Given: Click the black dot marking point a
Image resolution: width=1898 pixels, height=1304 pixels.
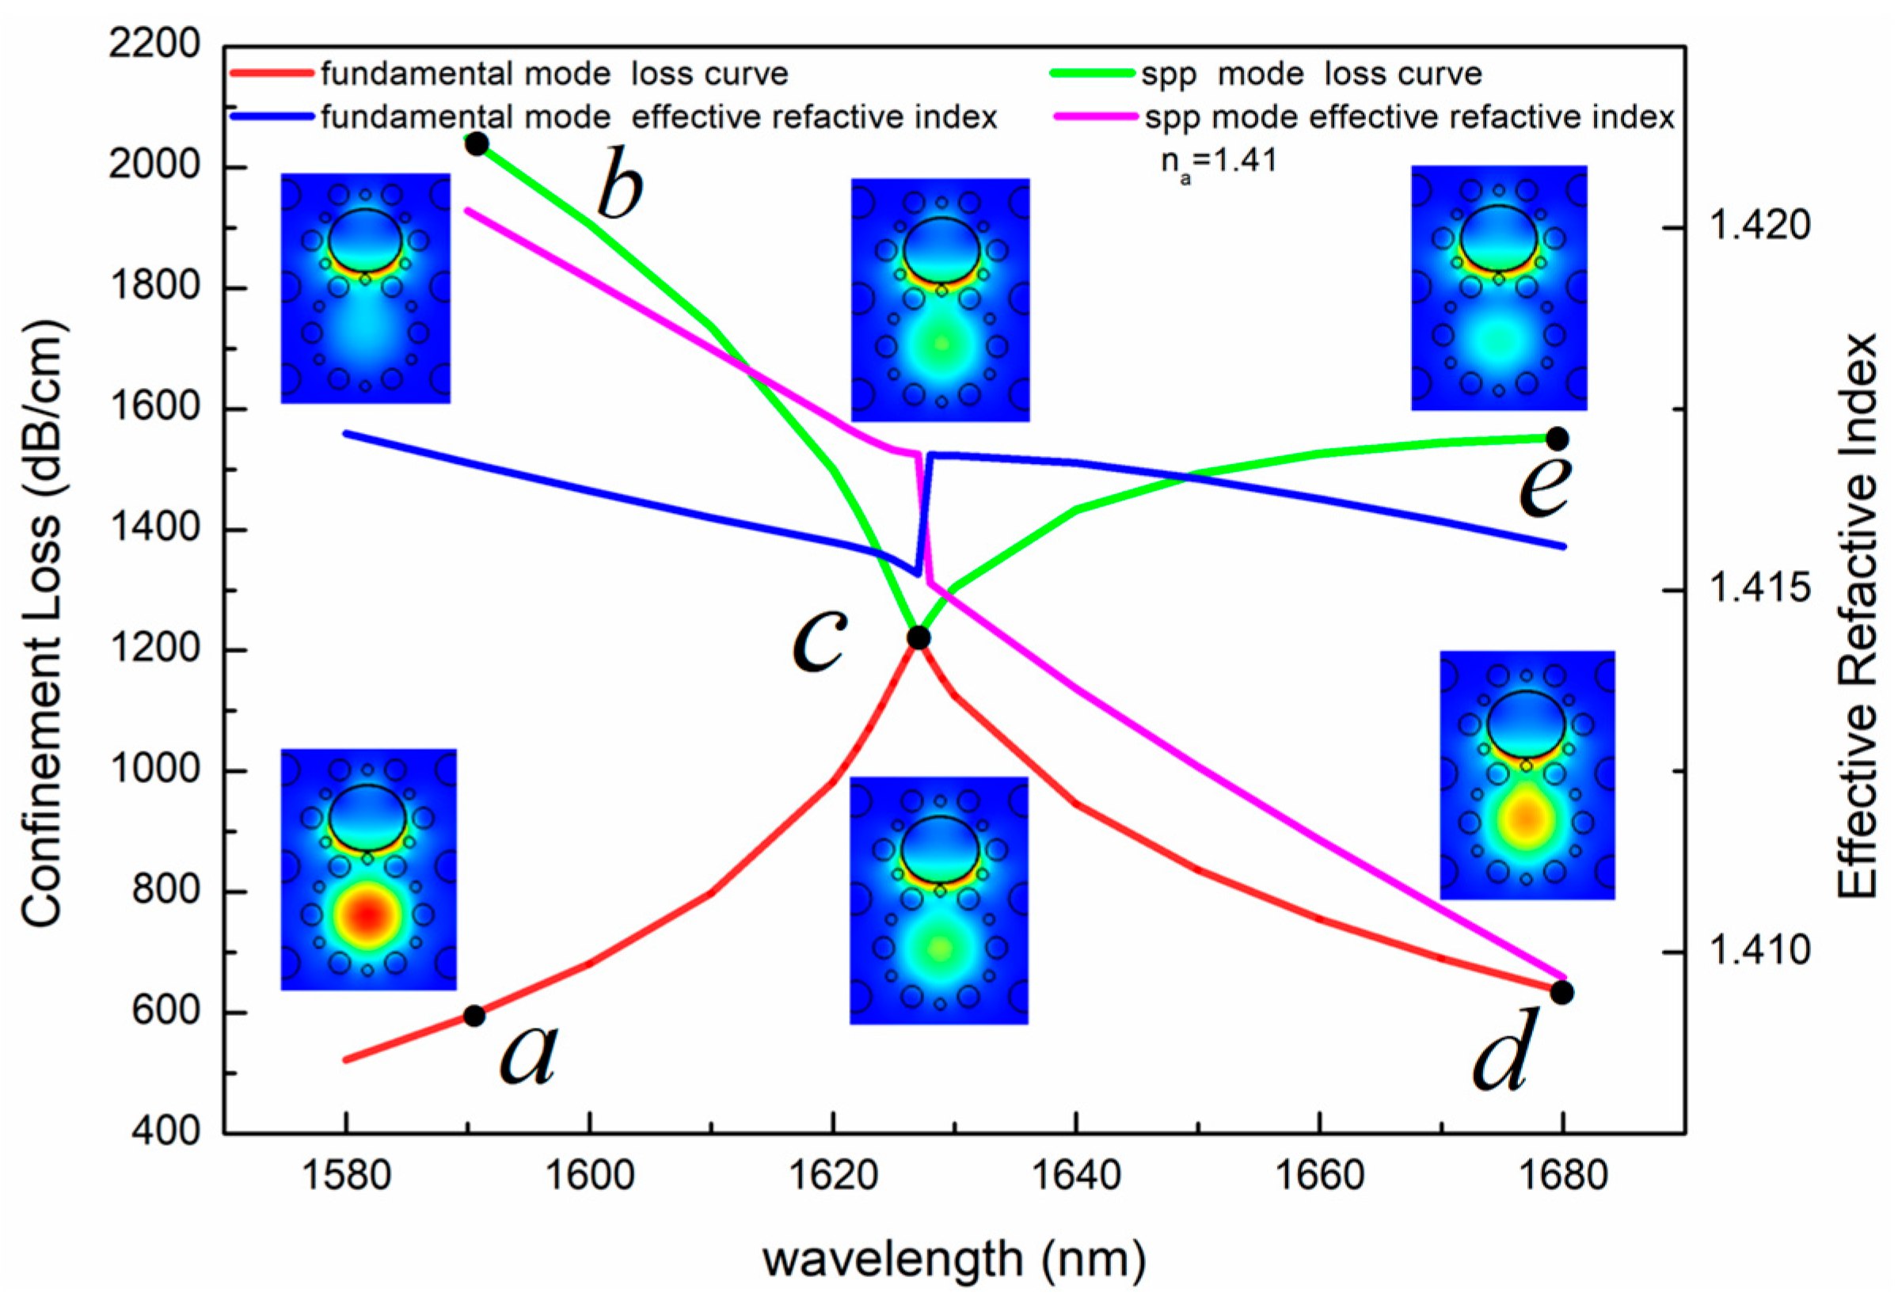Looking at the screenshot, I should point(474,1016).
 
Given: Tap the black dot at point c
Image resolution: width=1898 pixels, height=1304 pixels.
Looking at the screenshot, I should point(919,637).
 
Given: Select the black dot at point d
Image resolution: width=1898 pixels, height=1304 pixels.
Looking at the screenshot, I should point(1561,993).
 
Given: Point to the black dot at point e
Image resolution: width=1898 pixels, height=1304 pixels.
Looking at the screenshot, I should point(1558,439).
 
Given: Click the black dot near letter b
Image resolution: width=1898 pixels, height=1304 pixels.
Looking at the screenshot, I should point(477,145).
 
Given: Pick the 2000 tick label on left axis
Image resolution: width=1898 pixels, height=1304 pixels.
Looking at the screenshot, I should point(154,165).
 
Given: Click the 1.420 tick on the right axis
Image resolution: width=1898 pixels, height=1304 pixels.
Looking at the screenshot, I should point(1759,226).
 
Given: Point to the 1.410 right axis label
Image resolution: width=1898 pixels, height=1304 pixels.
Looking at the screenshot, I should point(1759,951).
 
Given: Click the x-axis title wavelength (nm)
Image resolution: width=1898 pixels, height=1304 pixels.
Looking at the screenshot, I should point(953,1259).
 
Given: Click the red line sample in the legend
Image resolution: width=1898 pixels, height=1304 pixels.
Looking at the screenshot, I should point(272,74).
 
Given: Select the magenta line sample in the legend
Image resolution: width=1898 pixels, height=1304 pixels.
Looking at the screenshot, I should point(1095,118).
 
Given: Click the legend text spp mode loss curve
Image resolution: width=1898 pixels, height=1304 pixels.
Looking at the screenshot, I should point(1311,74).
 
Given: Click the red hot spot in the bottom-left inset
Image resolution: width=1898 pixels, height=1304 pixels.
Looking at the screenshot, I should point(367,915).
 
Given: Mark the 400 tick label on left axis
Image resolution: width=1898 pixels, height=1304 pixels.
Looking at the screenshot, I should point(165,1132).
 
